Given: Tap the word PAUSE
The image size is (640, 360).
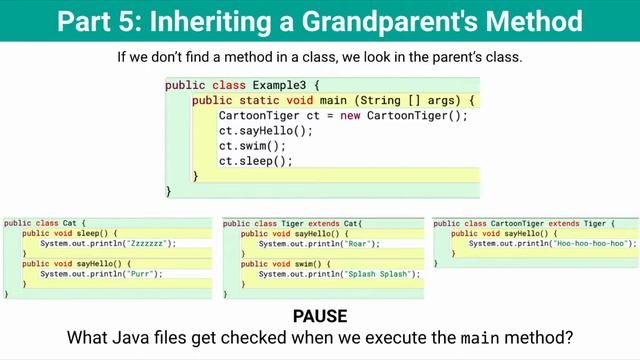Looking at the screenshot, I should click(x=320, y=317).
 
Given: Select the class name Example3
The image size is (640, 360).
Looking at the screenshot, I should click(x=281, y=86).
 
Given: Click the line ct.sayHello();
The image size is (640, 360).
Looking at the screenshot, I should click(x=266, y=131).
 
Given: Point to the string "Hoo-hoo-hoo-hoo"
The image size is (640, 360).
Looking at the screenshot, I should click(x=594, y=243).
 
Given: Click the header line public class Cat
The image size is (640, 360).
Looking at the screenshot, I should click(x=44, y=223).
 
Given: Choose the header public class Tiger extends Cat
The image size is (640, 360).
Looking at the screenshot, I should click(x=294, y=223).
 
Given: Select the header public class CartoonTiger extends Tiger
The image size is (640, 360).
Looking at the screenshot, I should click(x=523, y=223).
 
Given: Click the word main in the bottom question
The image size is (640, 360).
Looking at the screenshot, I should click(x=475, y=338).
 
